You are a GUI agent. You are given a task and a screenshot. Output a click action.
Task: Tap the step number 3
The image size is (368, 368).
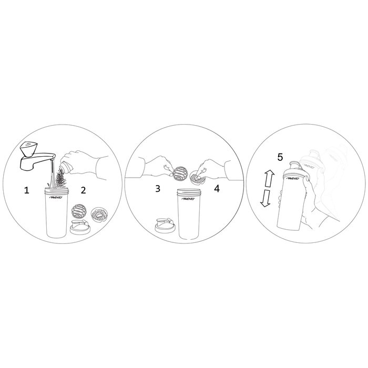pos(158,188)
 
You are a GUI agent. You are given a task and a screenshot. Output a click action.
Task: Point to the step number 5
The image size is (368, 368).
pos(280,157)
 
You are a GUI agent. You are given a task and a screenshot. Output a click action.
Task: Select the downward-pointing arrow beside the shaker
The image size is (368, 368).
pos(266,198)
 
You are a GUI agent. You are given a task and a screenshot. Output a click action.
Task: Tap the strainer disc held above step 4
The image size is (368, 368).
pos(198,177)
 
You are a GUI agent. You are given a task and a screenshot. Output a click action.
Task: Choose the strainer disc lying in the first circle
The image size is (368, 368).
pos(98,214)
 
